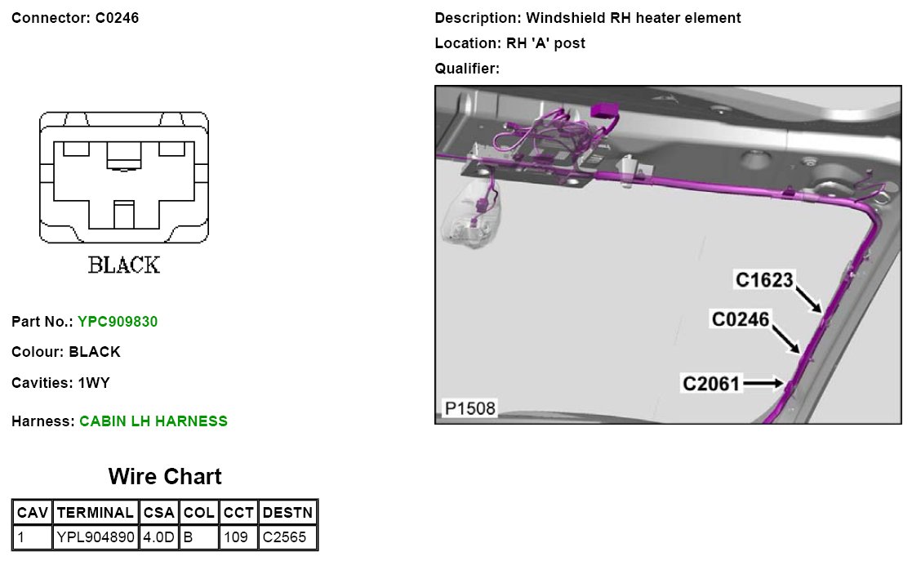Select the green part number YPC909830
click(x=118, y=322)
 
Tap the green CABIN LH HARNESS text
click(x=153, y=421)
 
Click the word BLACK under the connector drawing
click(x=124, y=265)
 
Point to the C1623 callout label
click(x=764, y=280)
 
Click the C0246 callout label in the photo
click(x=741, y=319)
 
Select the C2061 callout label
click(x=711, y=382)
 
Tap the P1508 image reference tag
click(x=469, y=408)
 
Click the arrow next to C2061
click(x=764, y=382)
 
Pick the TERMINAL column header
click(x=96, y=513)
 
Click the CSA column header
click(x=158, y=513)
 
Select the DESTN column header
click(x=287, y=513)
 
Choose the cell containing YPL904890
click(x=96, y=537)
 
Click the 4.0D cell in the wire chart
click(x=158, y=537)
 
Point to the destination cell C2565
click(x=287, y=537)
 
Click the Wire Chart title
click(x=165, y=476)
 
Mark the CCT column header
click(x=238, y=513)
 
